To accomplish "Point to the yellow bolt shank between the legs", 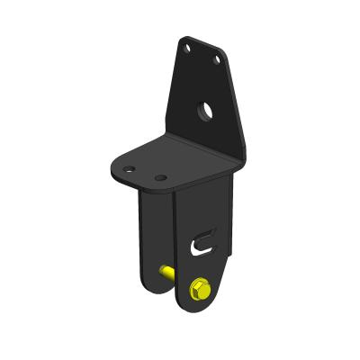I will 167,270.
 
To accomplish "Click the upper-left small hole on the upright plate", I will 186,45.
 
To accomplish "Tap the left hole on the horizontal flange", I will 130,168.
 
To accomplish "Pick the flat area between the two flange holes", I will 145,173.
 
